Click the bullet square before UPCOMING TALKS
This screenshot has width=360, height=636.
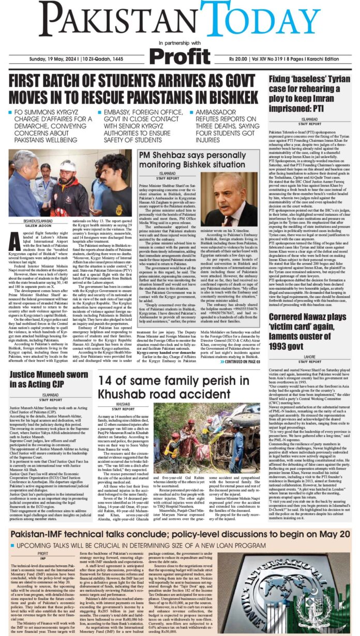click(17, 531)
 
